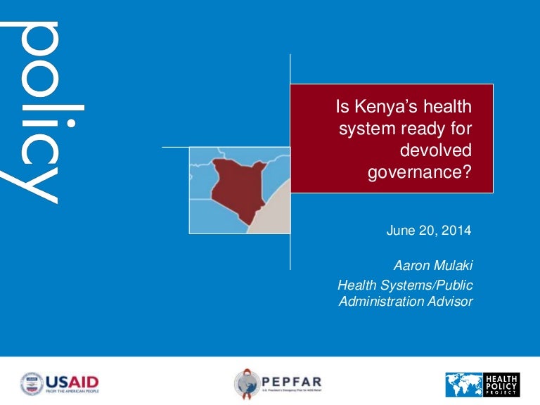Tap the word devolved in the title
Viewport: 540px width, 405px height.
[x=436, y=151]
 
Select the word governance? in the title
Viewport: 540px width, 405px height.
[x=419, y=173]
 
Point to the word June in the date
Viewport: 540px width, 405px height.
[x=401, y=231]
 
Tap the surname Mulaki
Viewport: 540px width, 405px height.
[x=451, y=266]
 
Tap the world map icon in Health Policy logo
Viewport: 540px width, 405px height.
[x=463, y=385]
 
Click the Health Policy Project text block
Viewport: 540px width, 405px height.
[x=501, y=385]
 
